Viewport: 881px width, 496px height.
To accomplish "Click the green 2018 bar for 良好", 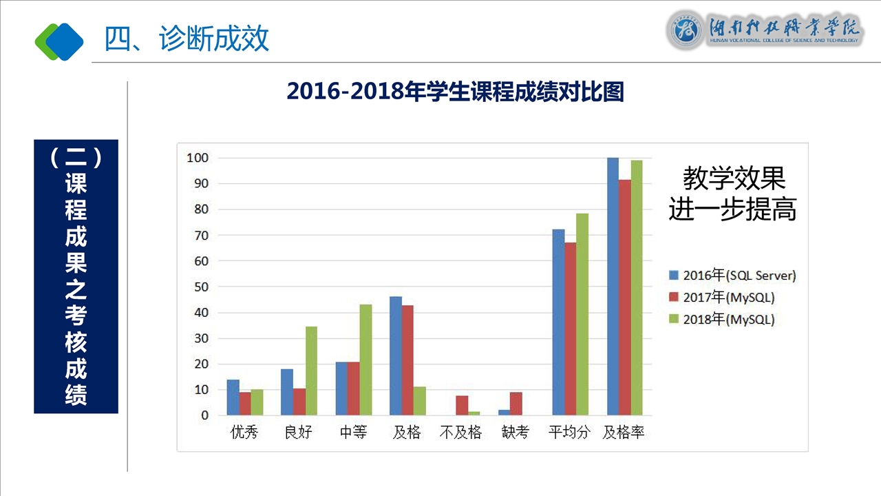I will (x=311, y=371).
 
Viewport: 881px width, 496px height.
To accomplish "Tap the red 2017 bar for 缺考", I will (x=516, y=404).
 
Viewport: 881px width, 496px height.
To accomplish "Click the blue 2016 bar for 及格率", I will (x=613, y=287).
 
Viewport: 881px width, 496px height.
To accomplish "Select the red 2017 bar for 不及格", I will (x=462, y=406).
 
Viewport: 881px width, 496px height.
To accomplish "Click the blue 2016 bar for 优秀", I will (x=233, y=397).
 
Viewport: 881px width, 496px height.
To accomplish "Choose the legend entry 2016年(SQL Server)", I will (x=732, y=276).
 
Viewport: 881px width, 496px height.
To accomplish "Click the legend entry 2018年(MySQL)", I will (x=722, y=320).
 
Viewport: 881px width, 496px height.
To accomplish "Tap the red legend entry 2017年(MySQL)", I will (x=722, y=298).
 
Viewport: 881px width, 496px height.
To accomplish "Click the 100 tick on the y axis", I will (x=198, y=158).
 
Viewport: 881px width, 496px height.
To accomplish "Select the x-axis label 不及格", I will (x=460, y=433).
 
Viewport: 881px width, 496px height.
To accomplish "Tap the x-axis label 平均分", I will (x=569, y=433).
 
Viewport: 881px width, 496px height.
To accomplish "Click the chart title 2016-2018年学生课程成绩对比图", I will (x=455, y=92).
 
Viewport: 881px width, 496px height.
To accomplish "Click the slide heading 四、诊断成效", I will (x=187, y=39).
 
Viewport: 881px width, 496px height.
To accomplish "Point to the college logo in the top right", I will (x=763, y=31).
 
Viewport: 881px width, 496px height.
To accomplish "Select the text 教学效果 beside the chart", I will (x=734, y=178).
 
